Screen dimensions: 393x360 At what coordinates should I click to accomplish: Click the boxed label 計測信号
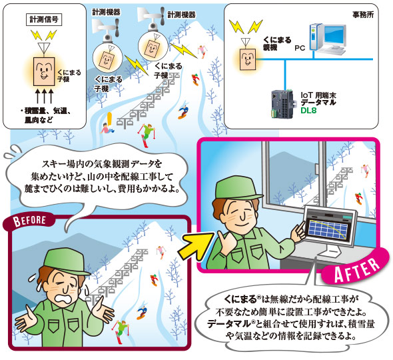tap(44, 20)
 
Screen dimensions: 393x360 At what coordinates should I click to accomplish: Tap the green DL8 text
tap(308, 111)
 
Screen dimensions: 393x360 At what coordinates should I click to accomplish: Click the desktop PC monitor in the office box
tap(335, 37)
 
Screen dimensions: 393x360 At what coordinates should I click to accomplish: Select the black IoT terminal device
tap(282, 103)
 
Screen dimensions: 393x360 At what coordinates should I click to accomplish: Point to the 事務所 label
tap(363, 15)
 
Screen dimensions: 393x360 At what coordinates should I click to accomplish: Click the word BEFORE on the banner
tap(29, 221)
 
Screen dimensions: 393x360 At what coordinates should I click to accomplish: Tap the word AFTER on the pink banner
tap(357, 270)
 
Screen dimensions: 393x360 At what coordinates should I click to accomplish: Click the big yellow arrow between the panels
tap(196, 246)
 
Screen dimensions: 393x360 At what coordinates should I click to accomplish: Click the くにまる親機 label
tap(276, 43)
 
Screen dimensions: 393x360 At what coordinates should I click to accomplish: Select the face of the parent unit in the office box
tap(248, 59)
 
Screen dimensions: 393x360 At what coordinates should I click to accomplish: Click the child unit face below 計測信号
tap(44, 71)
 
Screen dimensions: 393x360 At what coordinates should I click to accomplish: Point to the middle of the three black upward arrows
tap(44, 95)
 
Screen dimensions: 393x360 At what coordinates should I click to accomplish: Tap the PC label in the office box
tap(300, 47)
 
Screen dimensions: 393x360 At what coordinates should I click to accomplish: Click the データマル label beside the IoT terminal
tap(318, 103)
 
